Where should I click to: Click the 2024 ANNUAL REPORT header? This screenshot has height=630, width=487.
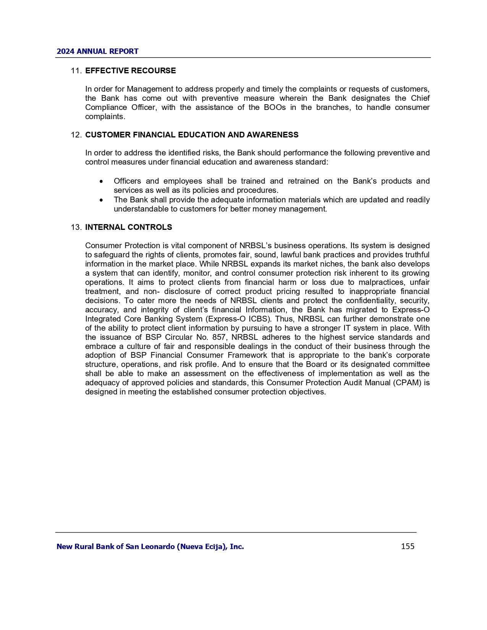coord(97,52)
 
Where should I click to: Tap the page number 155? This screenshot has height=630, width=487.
coord(408,546)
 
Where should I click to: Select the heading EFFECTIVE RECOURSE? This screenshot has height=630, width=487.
coord(130,71)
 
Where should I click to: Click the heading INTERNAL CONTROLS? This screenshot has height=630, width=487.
coord(128,227)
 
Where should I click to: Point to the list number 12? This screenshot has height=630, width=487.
coord(76,135)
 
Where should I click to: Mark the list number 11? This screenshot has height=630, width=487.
coord(76,71)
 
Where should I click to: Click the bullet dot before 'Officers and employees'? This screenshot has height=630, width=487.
coord(101,181)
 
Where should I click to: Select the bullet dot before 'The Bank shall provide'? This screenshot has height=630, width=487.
coord(101,200)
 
